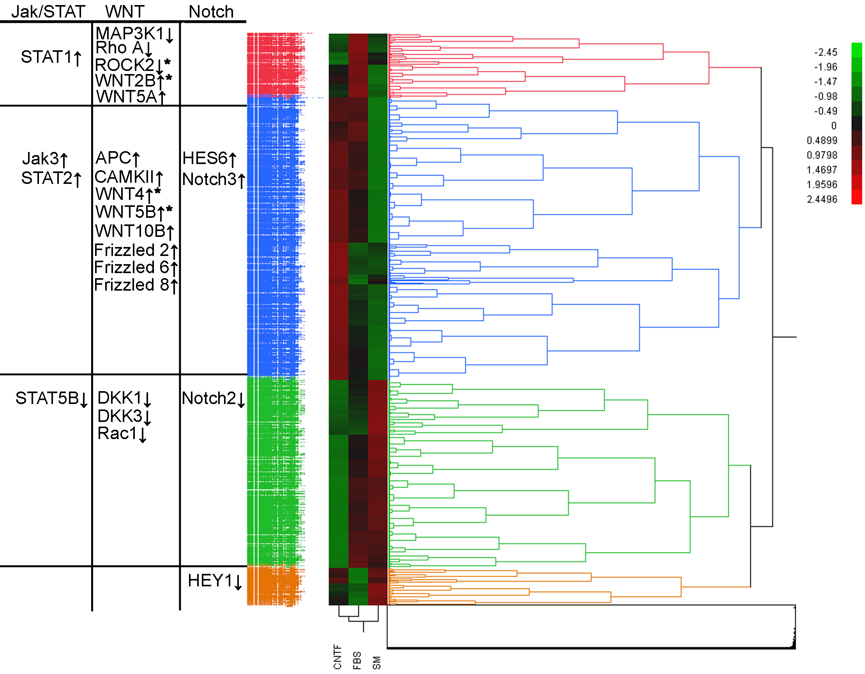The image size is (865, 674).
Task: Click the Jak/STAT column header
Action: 48,11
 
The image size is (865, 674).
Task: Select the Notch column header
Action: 211,11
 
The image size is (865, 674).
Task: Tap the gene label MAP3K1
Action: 129,34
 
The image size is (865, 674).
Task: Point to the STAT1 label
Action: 46,57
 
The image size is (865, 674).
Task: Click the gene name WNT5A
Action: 127,97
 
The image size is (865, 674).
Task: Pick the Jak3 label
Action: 41,159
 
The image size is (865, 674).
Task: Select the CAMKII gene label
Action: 124,177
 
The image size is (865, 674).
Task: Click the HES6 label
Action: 205,159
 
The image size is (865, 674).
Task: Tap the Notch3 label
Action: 209,179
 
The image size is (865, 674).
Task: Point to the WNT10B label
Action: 130,231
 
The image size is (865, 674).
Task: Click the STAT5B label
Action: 47,399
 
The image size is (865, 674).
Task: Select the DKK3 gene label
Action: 120,416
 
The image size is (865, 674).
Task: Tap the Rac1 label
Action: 117,434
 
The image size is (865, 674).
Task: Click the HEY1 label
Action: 210,581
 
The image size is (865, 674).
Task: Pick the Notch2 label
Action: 209,399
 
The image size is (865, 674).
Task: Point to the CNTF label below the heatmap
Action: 337,656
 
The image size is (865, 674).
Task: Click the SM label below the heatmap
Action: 377,662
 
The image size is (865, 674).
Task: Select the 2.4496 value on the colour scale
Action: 822,199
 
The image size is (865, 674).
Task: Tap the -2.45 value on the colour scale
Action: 825,52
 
